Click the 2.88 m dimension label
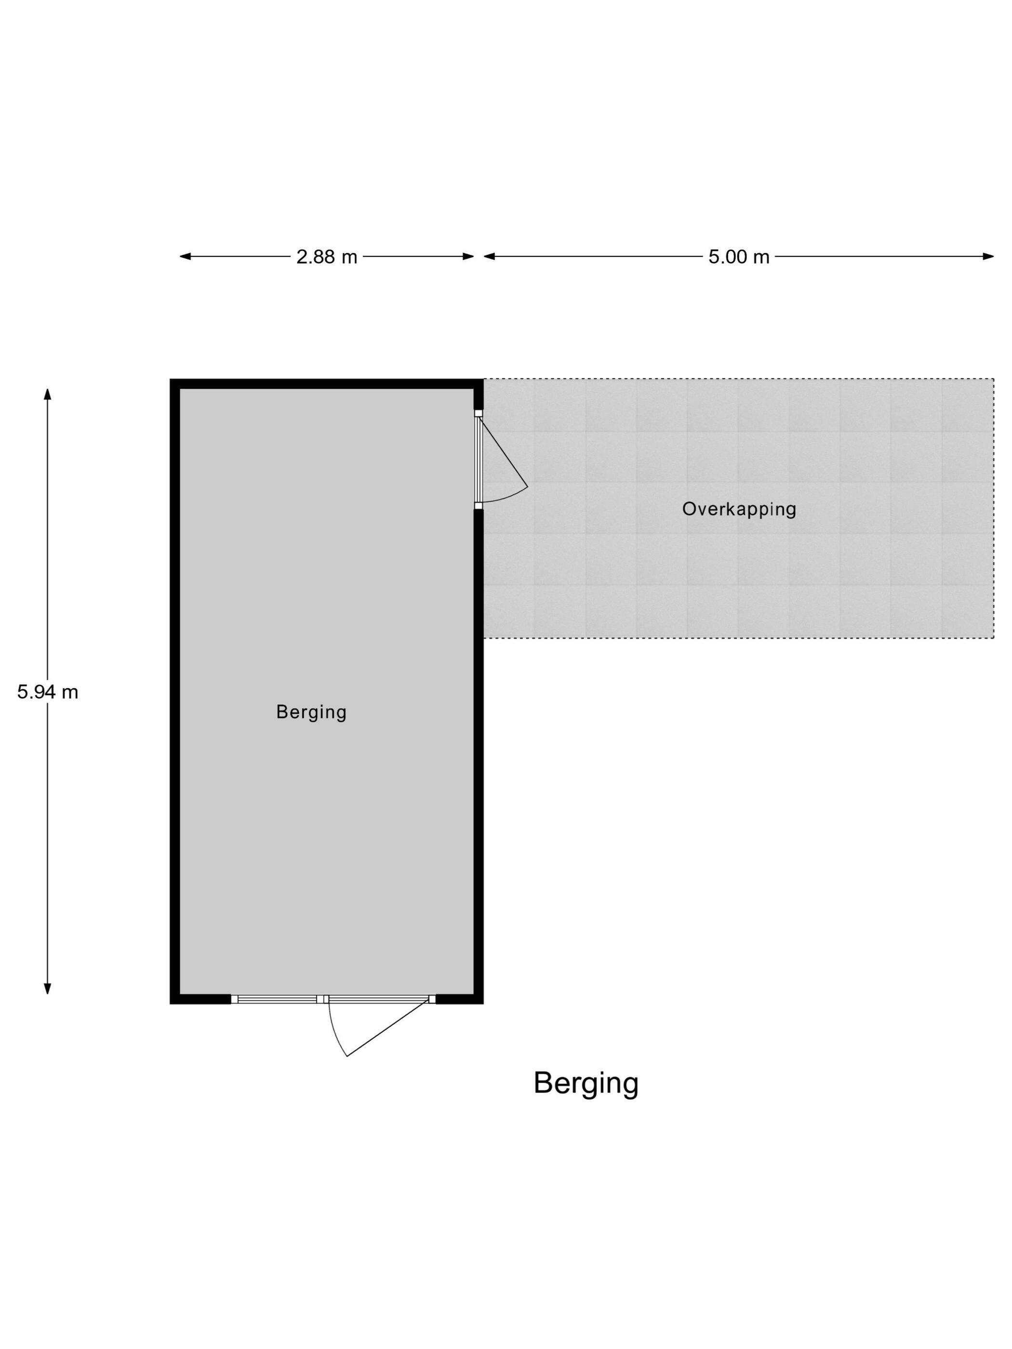[x=326, y=257]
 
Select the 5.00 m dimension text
[x=739, y=257]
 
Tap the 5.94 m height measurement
[x=48, y=692]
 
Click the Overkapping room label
[x=739, y=509]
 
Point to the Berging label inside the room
[x=311, y=712]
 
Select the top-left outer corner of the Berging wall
[x=170, y=379]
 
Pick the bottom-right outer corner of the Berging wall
[x=483, y=1003]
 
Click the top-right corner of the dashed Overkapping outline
[x=994, y=379]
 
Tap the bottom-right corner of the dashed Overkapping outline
[x=994, y=638]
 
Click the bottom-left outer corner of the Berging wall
[x=170, y=1003]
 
